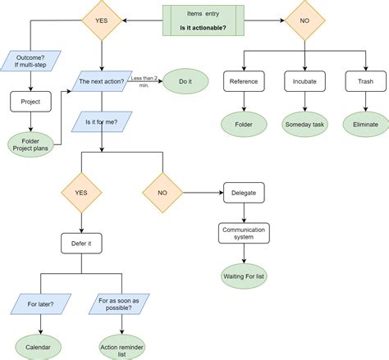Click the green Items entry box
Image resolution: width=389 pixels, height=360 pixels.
pyautogui.click(x=202, y=20)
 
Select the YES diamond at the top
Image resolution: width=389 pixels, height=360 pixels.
pyautogui.click(x=100, y=20)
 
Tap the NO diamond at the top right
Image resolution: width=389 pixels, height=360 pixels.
pyautogui.click(x=304, y=20)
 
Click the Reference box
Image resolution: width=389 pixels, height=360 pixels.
pyautogui.click(x=243, y=81)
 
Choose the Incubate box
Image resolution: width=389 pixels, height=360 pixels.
pyautogui.click(x=304, y=81)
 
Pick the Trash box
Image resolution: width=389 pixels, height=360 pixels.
pyautogui.click(x=365, y=81)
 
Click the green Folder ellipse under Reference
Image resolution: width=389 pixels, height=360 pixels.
pyautogui.click(x=243, y=124)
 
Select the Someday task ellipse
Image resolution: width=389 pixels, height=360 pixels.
pyautogui.click(x=304, y=124)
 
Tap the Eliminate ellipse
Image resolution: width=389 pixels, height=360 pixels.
pyautogui.click(x=365, y=124)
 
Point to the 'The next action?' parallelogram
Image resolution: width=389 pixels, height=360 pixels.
pyautogui.click(x=100, y=81)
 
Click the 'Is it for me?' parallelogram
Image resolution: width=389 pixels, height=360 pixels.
pyautogui.click(x=100, y=122)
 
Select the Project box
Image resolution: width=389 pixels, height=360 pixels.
pyautogui.click(x=30, y=102)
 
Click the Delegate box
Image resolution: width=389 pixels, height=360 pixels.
pyautogui.click(x=243, y=194)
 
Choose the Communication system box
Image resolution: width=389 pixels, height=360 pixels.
pyautogui.click(x=243, y=235)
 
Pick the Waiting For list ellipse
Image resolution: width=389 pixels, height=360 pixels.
pyautogui.click(x=243, y=275)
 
